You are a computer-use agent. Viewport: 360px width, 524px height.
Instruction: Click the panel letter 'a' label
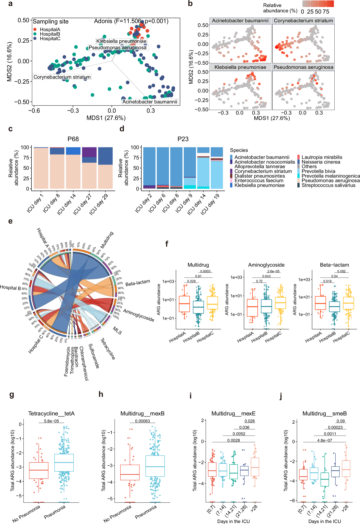(x=10, y=4)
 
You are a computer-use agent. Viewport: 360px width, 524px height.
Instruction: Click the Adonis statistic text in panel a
(x=131, y=21)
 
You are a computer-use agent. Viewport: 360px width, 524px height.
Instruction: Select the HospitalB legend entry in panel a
(x=50, y=34)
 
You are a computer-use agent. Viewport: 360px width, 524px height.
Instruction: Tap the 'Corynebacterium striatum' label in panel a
(x=62, y=77)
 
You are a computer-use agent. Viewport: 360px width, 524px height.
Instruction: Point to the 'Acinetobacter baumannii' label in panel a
(x=150, y=102)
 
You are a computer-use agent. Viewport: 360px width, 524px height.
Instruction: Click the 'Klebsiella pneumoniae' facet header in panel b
(x=240, y=67)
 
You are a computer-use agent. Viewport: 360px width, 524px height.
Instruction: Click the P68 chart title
(x=73, y=139)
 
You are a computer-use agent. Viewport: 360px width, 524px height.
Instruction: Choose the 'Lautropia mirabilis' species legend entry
(x=322, y=157)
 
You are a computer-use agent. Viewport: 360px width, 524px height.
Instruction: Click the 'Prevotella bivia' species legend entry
(x=318, y=171)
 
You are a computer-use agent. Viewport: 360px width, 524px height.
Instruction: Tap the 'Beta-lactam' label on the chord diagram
(x=138, y=283)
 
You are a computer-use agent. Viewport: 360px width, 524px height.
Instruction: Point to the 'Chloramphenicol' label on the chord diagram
(x=84, y=363)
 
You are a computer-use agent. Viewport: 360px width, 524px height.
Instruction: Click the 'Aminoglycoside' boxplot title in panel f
(x=266, y=265)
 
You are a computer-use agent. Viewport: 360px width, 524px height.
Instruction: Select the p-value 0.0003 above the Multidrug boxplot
(x=205, y=272)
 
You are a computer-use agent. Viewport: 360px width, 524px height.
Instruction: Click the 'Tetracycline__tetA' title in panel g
(x=51, y=414)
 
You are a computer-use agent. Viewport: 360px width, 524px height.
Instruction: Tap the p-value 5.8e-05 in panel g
(x=51, y=421)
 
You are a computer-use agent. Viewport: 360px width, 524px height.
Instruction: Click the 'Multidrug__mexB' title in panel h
(x=142, y=414)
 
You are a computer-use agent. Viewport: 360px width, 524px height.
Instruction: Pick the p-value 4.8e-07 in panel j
(x=325, y=441)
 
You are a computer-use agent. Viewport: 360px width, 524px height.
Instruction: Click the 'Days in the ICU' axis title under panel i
(x=233, y=521)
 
